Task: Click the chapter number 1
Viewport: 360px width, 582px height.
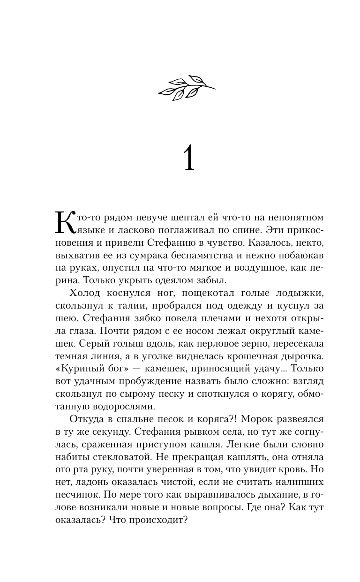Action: coord(187,160)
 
